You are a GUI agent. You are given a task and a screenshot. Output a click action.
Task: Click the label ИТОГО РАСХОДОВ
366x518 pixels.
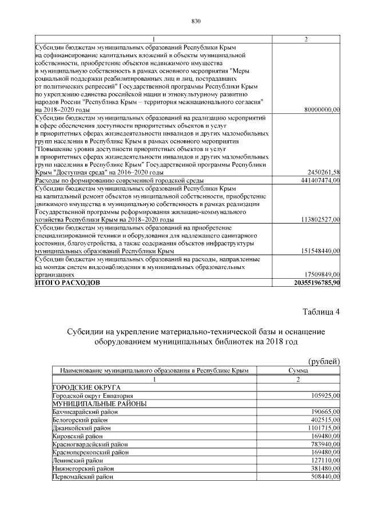[67, 283]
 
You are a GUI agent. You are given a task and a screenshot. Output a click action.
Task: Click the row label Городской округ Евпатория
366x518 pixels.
[93, 396]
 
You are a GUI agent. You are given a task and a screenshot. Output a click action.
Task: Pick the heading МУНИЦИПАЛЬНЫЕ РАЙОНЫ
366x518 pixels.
[100, 404]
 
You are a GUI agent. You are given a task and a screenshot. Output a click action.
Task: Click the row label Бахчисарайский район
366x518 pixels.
[83, 412]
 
